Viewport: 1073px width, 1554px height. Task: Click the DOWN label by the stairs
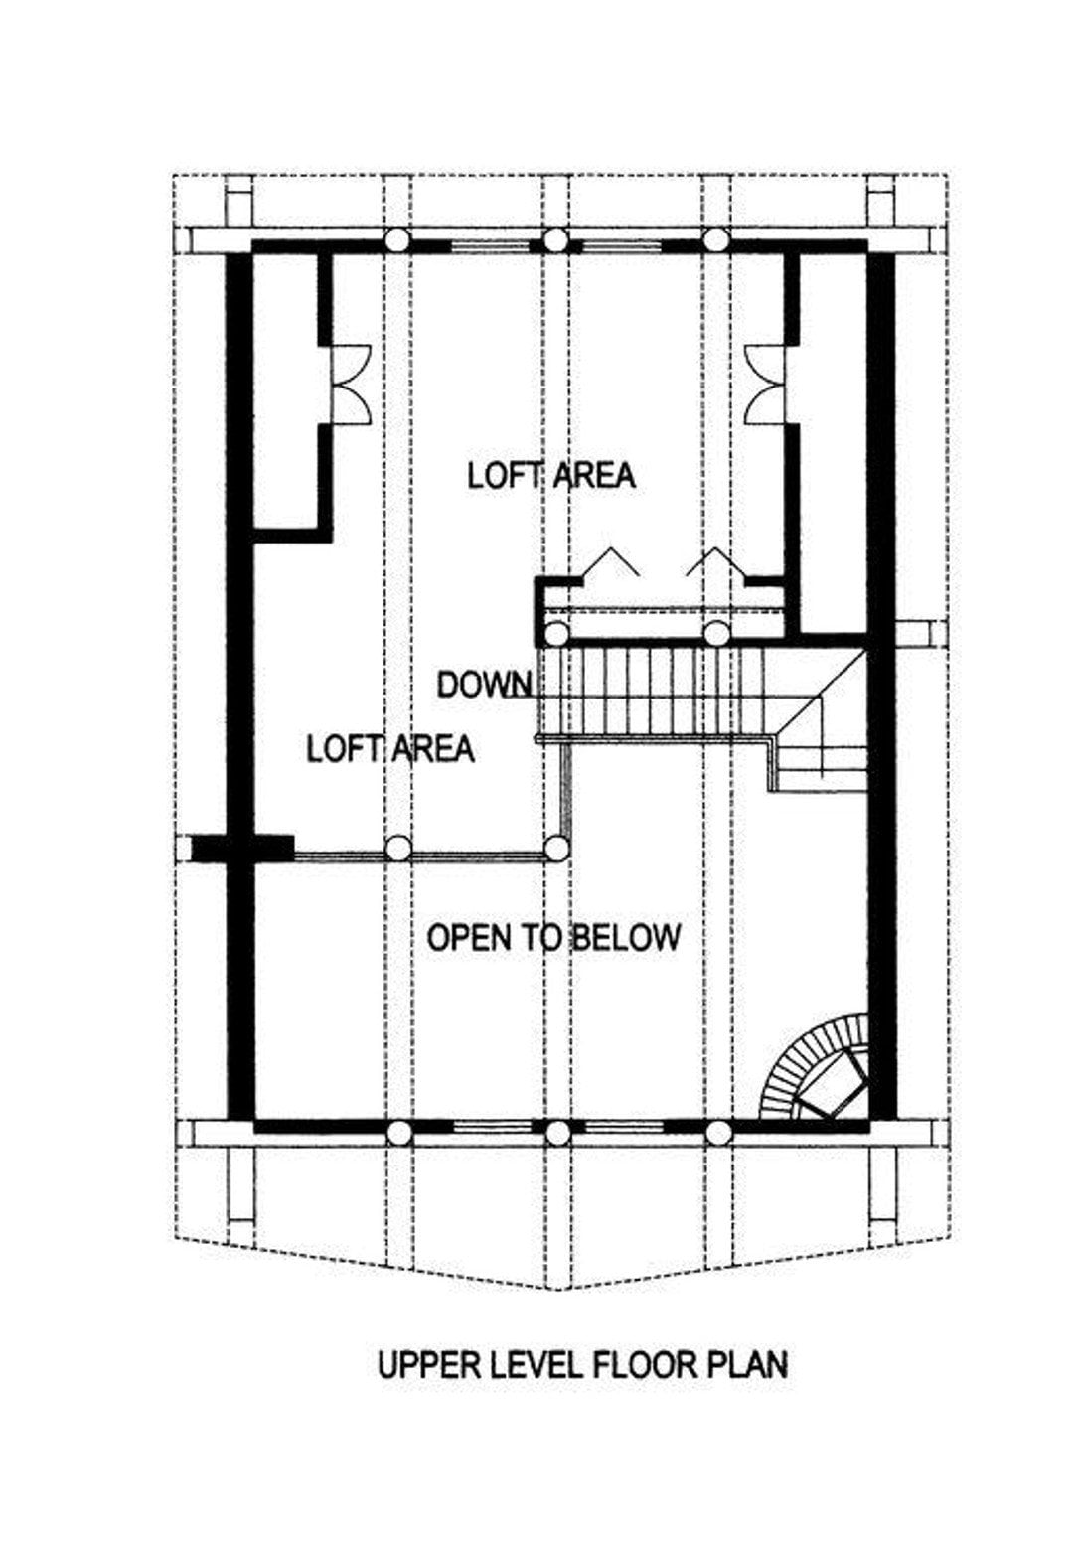point(484,686)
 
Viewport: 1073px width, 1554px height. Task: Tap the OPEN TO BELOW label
point(553,937)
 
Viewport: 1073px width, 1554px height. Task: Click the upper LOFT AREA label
point(551,476)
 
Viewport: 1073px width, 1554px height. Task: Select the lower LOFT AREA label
point(390,748)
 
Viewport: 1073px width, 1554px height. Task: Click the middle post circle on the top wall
point(554,240)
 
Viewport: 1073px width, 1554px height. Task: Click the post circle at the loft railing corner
point(556,848)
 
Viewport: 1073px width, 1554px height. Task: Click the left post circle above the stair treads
point(555,633)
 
